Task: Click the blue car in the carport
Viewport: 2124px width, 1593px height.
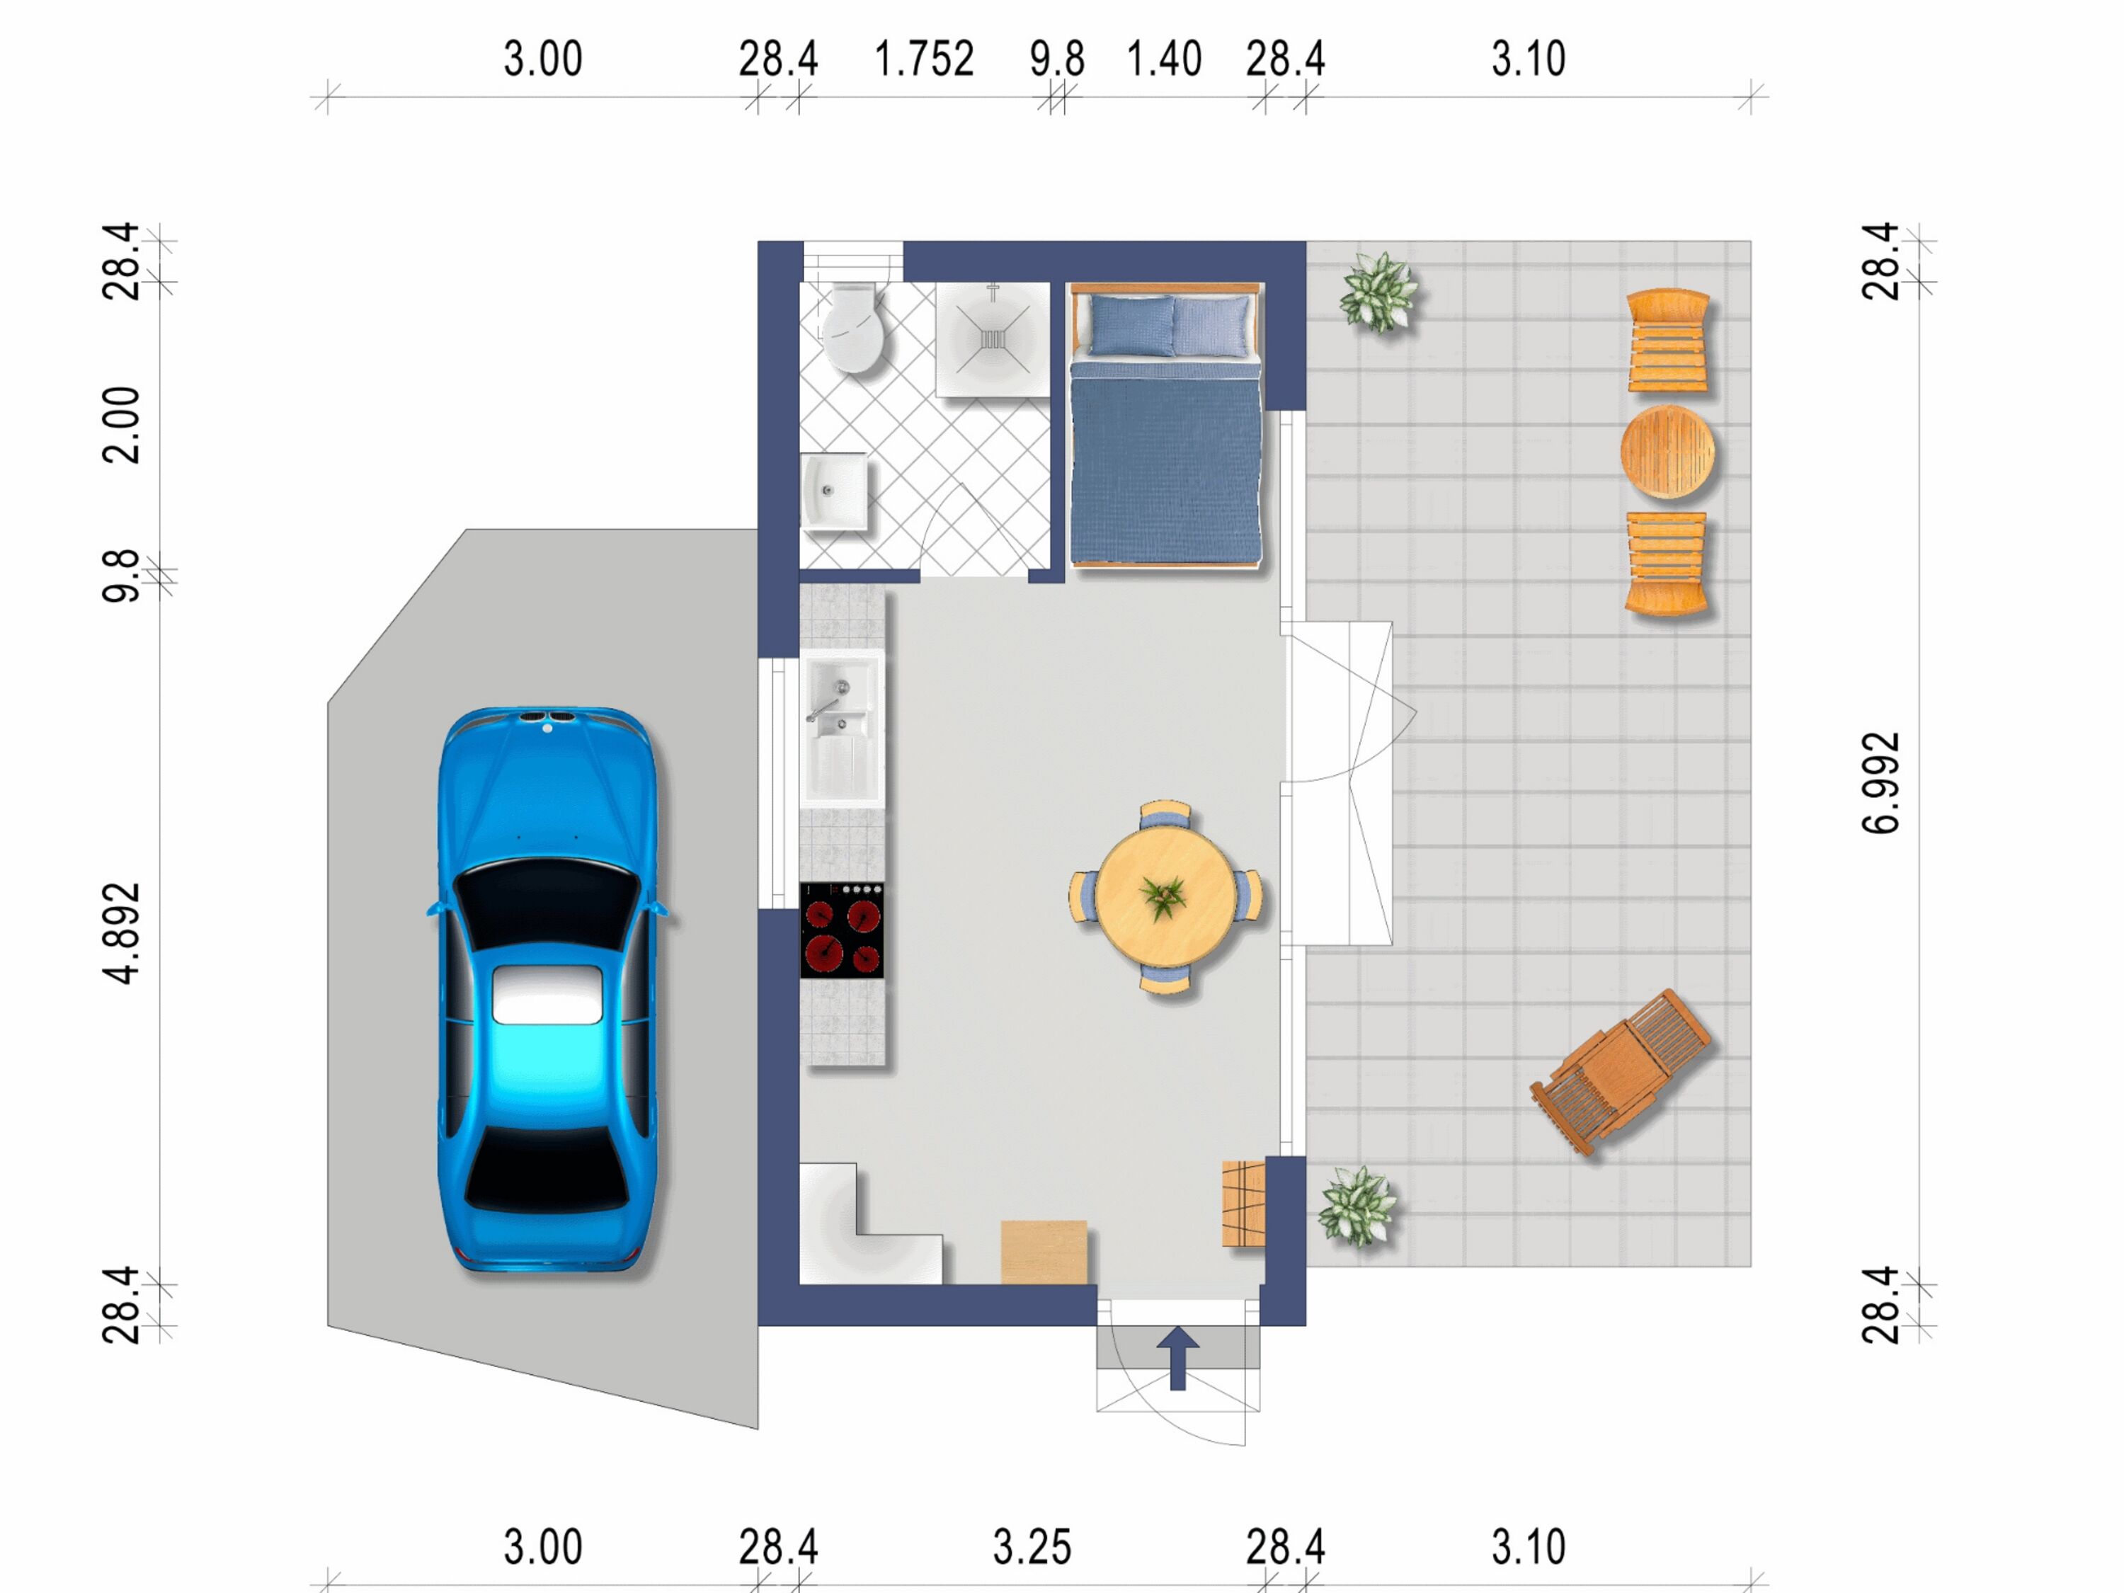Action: tap(548, 989)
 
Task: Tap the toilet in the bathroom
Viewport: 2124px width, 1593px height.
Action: tap(851, 327)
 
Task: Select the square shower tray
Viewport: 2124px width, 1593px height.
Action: tap(993, 339)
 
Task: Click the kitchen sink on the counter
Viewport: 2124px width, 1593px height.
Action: tap(842, 727)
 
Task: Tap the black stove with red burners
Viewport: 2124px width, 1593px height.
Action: tap(842, 930)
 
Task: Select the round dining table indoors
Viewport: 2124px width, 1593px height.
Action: tap(1165, 897)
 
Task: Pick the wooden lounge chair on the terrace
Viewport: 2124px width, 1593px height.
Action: tap(1620, 1070)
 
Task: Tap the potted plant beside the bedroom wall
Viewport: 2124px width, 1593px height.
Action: tap(1379, 292)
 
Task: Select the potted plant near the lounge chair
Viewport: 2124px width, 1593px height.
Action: tap(1357, 1206)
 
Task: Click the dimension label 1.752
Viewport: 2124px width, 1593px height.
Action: tap(924, 59)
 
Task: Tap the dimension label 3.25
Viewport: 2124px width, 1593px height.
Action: tap(1032, 1547)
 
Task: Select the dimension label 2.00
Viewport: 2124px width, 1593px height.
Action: tap(122, 426)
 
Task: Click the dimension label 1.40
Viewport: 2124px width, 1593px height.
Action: tap(1164, 59)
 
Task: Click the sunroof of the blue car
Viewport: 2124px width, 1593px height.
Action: tap(547, 995)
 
